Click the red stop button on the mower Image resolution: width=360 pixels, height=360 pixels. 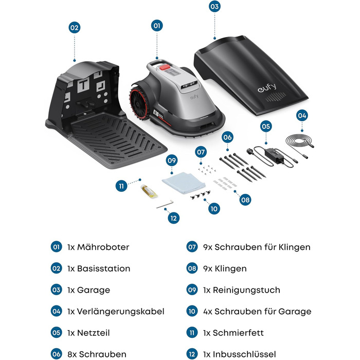(166, 65)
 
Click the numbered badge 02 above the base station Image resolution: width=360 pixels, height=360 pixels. (75, 28)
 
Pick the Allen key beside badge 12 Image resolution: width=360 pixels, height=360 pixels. (165, 205)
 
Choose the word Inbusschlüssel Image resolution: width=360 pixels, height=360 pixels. (243, 354)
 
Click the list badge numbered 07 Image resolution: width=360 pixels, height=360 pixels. (192, 247)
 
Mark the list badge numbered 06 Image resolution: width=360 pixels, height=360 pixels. (57, 354)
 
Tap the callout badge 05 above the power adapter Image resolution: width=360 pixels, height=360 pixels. (266, 125)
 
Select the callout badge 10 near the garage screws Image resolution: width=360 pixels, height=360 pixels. (214, 209)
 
